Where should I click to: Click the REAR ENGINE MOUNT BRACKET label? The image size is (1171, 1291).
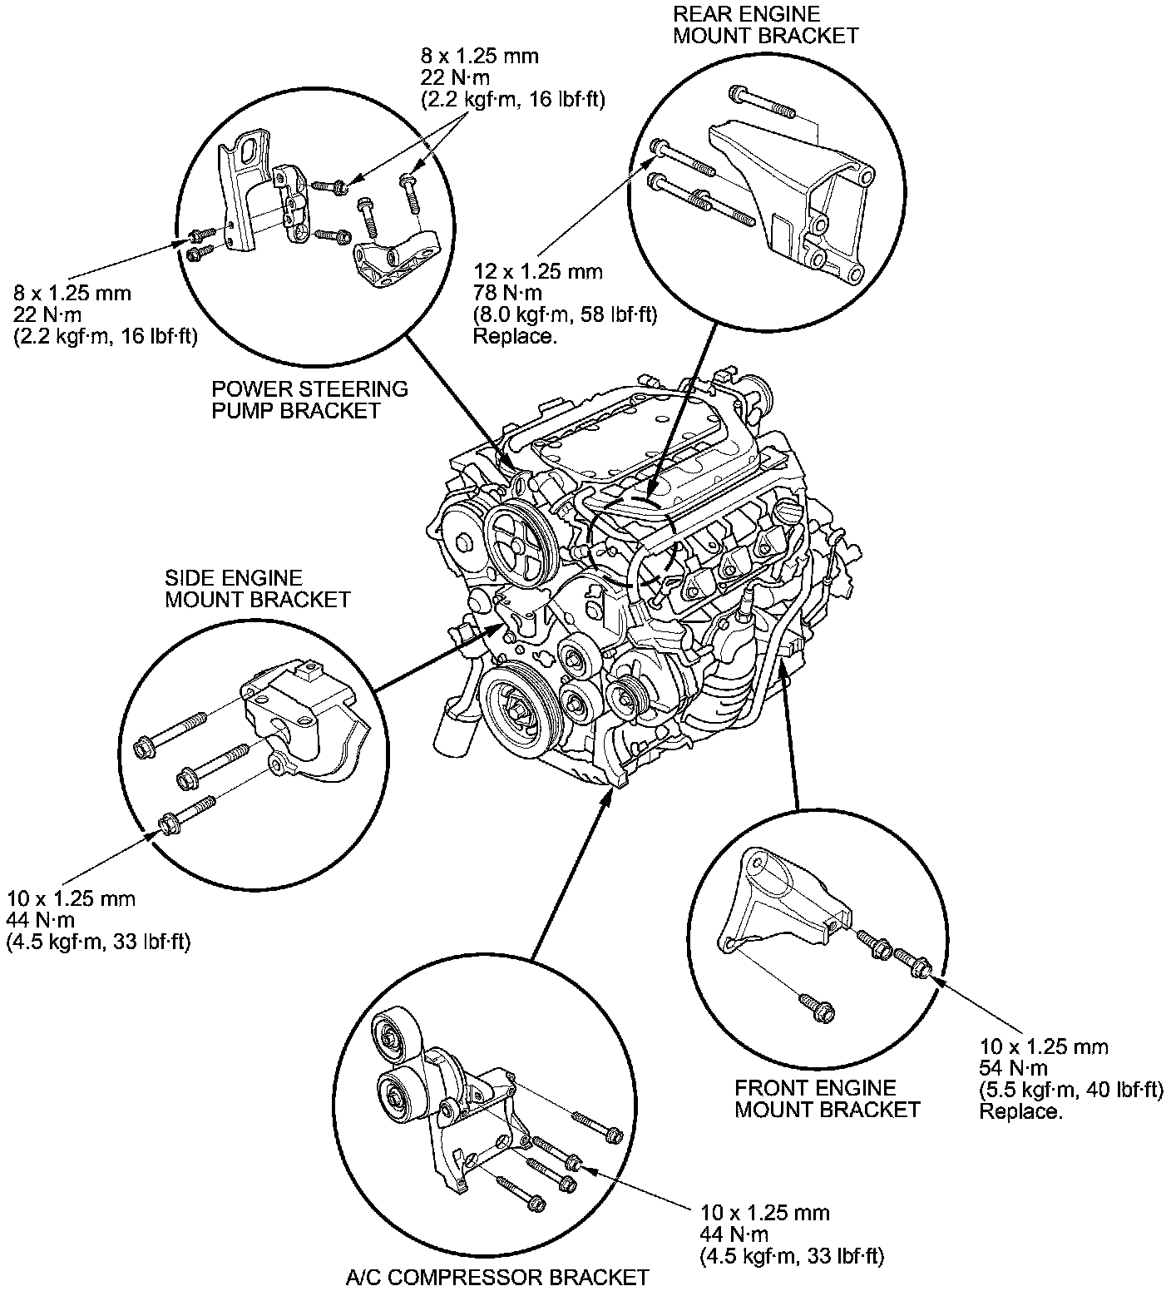tap(765, 25)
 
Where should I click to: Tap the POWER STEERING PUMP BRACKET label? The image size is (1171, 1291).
tap(309, 400)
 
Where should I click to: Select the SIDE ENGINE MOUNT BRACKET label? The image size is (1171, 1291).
tap(257, 589)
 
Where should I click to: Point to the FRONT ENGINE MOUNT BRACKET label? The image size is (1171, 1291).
tap(827, 1099)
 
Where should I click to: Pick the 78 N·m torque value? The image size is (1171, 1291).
tap(507, 293)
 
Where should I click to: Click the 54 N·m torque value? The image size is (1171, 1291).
tap(1013, 1068)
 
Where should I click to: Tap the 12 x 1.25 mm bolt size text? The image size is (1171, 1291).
tap(538, 271)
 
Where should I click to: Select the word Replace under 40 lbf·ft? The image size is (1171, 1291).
tap(1020, 1111)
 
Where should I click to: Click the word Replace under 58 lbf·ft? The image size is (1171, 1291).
tap(514, 336)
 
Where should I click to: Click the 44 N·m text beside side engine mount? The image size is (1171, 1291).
tap(40, 920)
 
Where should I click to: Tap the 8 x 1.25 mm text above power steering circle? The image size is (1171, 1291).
tap(480, 57)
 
